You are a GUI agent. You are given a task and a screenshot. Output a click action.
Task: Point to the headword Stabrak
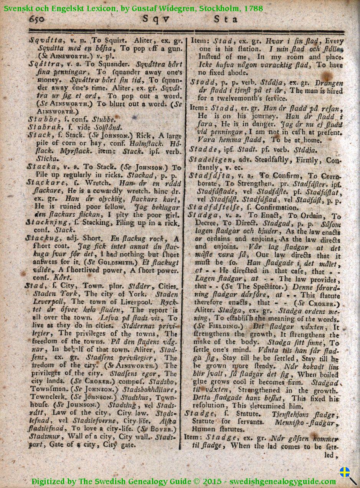(42, 127)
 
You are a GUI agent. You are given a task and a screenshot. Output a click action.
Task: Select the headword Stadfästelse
(211, 207)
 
